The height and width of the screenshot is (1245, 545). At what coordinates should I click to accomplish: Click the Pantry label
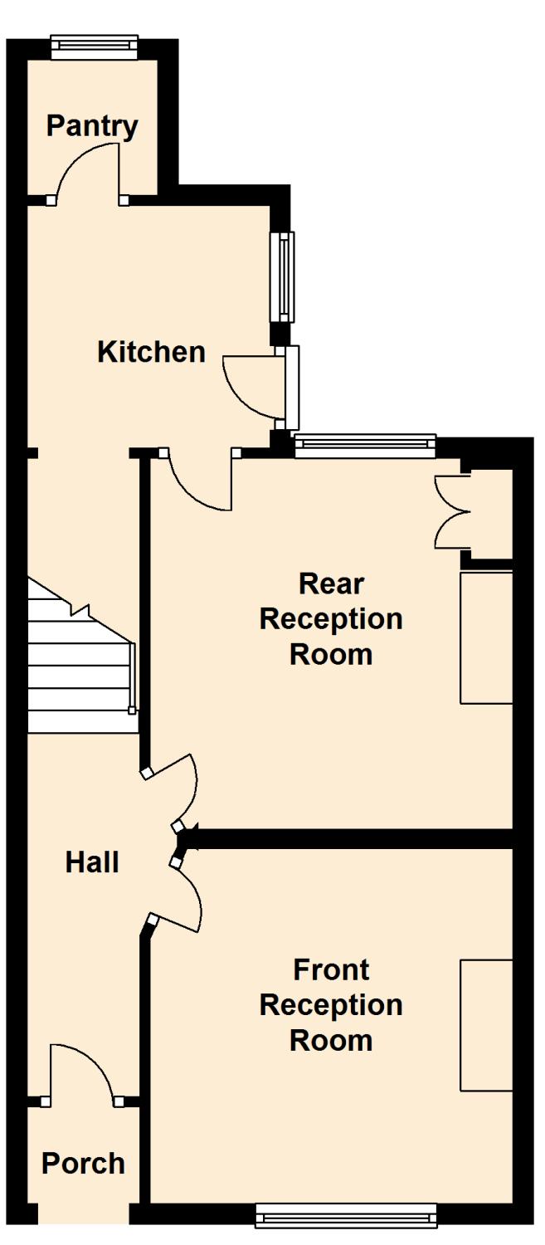[x=92, y=126]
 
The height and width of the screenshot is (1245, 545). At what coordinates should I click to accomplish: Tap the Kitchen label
[x=151, y=352]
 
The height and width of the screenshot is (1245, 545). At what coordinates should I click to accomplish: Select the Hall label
[x=92, y=862]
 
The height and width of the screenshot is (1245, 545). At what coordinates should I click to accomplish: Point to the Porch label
[x=83, y=1163]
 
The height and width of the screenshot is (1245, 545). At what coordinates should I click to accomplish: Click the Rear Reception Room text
[x=331, y=619]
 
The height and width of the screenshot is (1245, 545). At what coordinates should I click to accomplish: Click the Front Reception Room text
[x=331, y=1004]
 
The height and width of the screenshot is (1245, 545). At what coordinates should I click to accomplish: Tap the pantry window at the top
[x=94, y=46]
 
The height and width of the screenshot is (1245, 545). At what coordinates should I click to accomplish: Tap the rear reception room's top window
[x=365, y=447]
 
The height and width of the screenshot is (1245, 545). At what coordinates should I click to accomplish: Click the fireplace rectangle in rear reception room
[x=487, y=637]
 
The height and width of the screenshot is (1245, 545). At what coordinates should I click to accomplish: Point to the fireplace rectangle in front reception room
[x=487, y=1024]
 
